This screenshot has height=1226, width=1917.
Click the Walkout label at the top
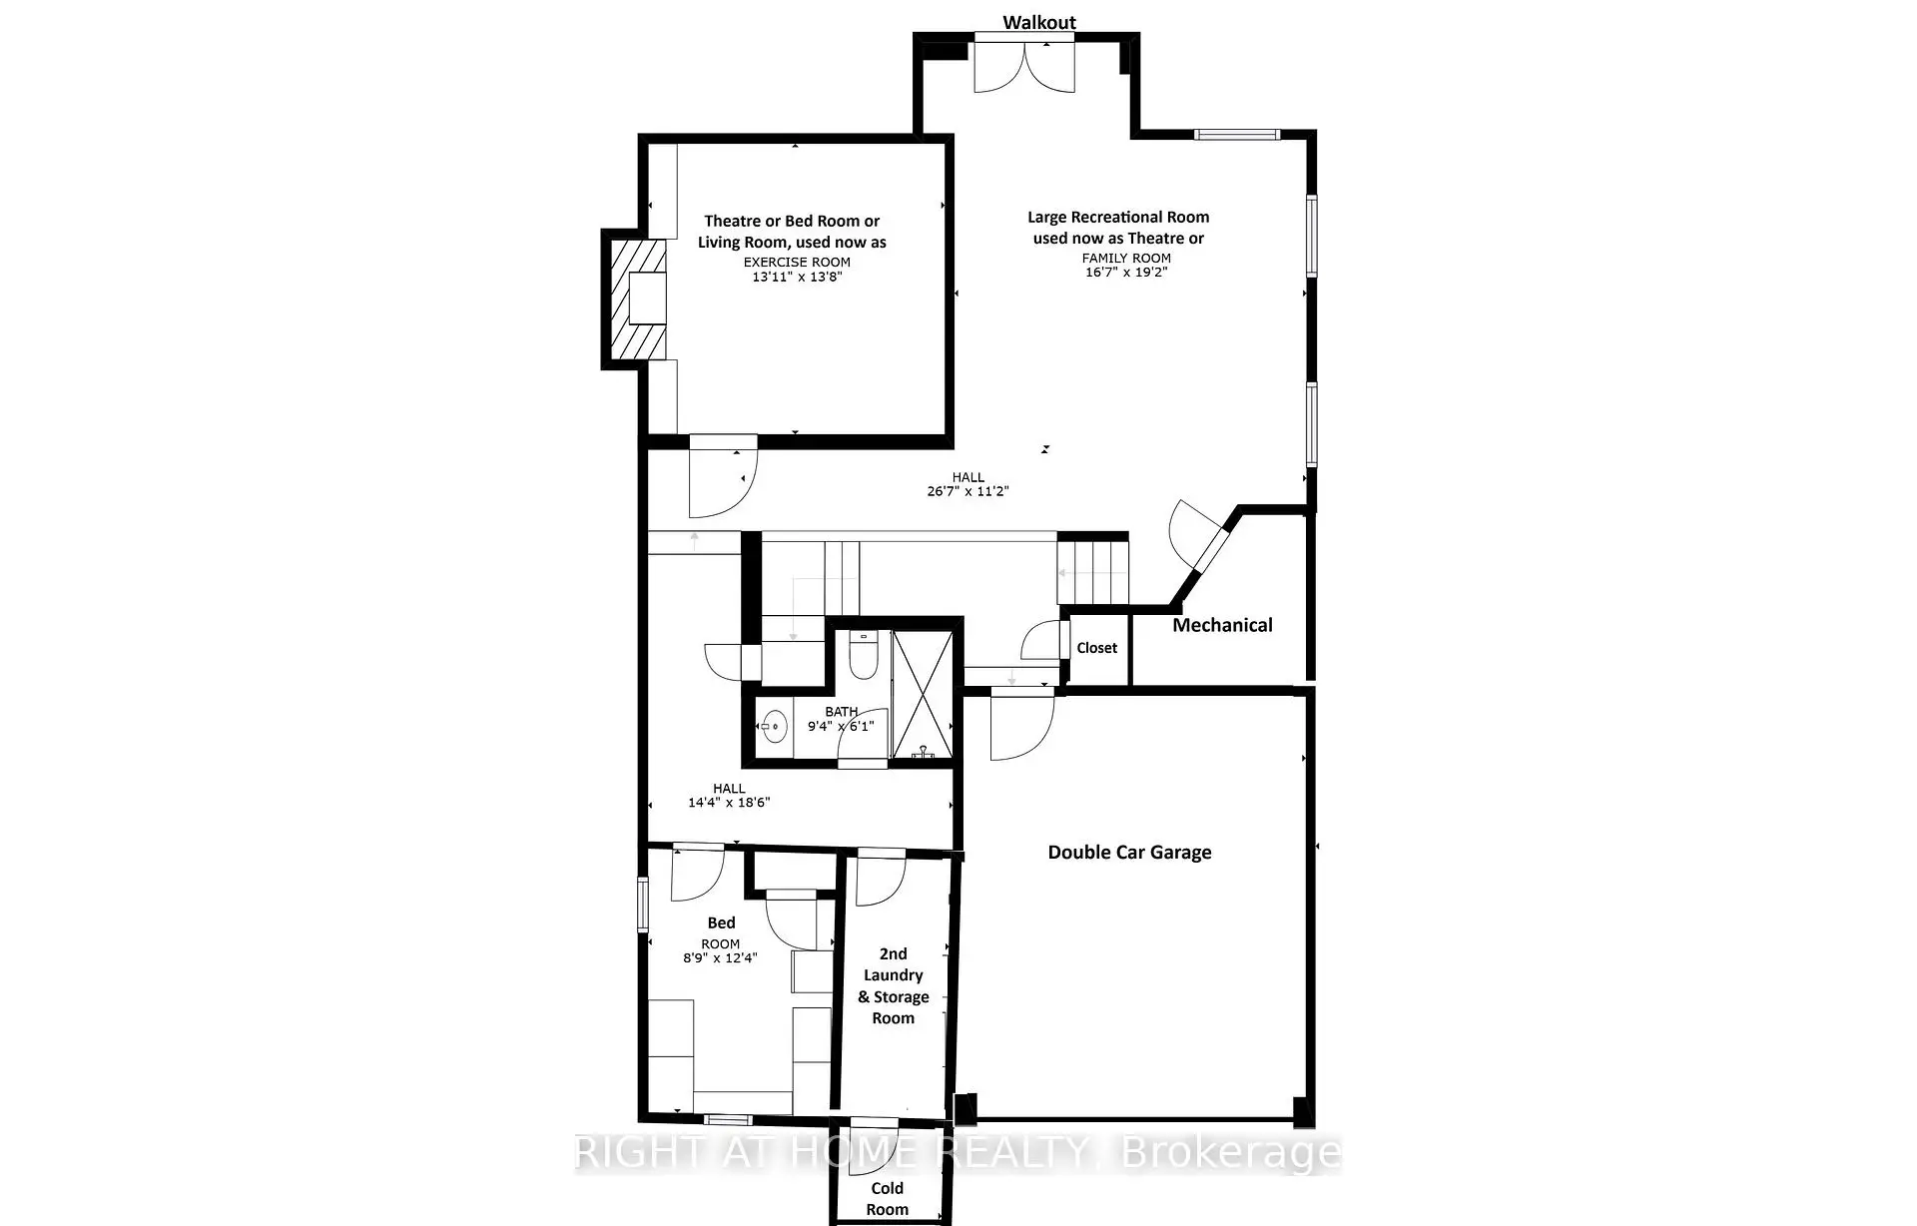(x=1039, y=22)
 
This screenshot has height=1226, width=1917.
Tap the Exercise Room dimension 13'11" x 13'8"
(x=797, y=277)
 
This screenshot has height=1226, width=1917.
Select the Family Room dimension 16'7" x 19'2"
(x=1126, y=272)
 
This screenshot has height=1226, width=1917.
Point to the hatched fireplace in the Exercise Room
(x=638, y=299)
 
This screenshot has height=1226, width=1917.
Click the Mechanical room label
(x=1222, y=625)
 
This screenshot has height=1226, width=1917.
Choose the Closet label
(x=1096, y=648)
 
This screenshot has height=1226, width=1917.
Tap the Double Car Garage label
(x=1129, y=852)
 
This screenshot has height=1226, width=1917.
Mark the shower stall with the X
(x=922, y=695)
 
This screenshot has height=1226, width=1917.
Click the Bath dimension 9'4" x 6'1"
(x=841, y=726)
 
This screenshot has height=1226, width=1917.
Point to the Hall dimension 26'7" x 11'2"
(x=967, y=490)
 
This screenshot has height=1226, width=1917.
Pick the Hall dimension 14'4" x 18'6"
(x=729, y=802)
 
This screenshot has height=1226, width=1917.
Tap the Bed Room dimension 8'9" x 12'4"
(x=720, y=957)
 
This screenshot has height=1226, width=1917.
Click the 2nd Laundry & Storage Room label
(x=894, y=985)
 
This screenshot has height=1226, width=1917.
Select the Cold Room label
(x=887, y=1198)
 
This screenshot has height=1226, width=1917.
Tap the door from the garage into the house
(x=1021, y=723)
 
